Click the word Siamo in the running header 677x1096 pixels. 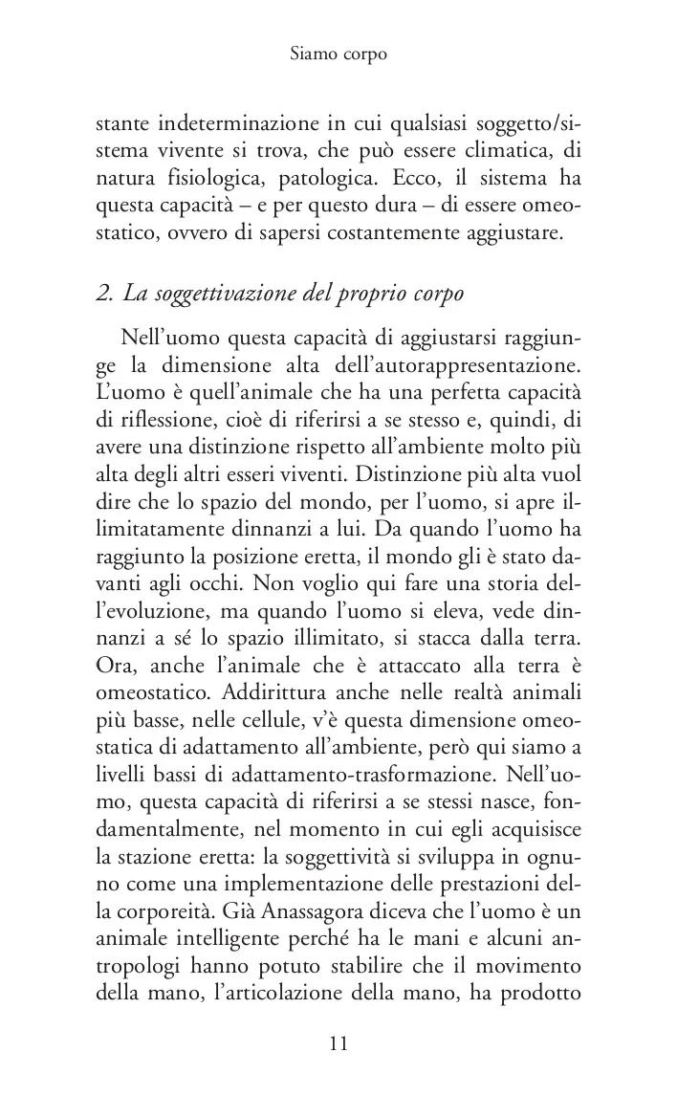click(x=312, y=55)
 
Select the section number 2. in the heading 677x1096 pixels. click(x=107, y=293)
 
